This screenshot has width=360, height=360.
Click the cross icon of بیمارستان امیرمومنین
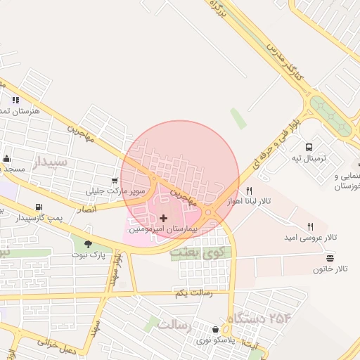click(x=164, y=219)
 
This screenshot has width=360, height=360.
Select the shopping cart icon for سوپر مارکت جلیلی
click(x=115, y=180)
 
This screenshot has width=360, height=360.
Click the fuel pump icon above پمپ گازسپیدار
click(x=37, y=207)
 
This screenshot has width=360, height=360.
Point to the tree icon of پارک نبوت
click(x=87, y=243)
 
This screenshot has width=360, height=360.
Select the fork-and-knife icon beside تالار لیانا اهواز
click(x=249, y=191)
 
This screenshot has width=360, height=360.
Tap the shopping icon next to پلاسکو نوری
click(x=215, y=328)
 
